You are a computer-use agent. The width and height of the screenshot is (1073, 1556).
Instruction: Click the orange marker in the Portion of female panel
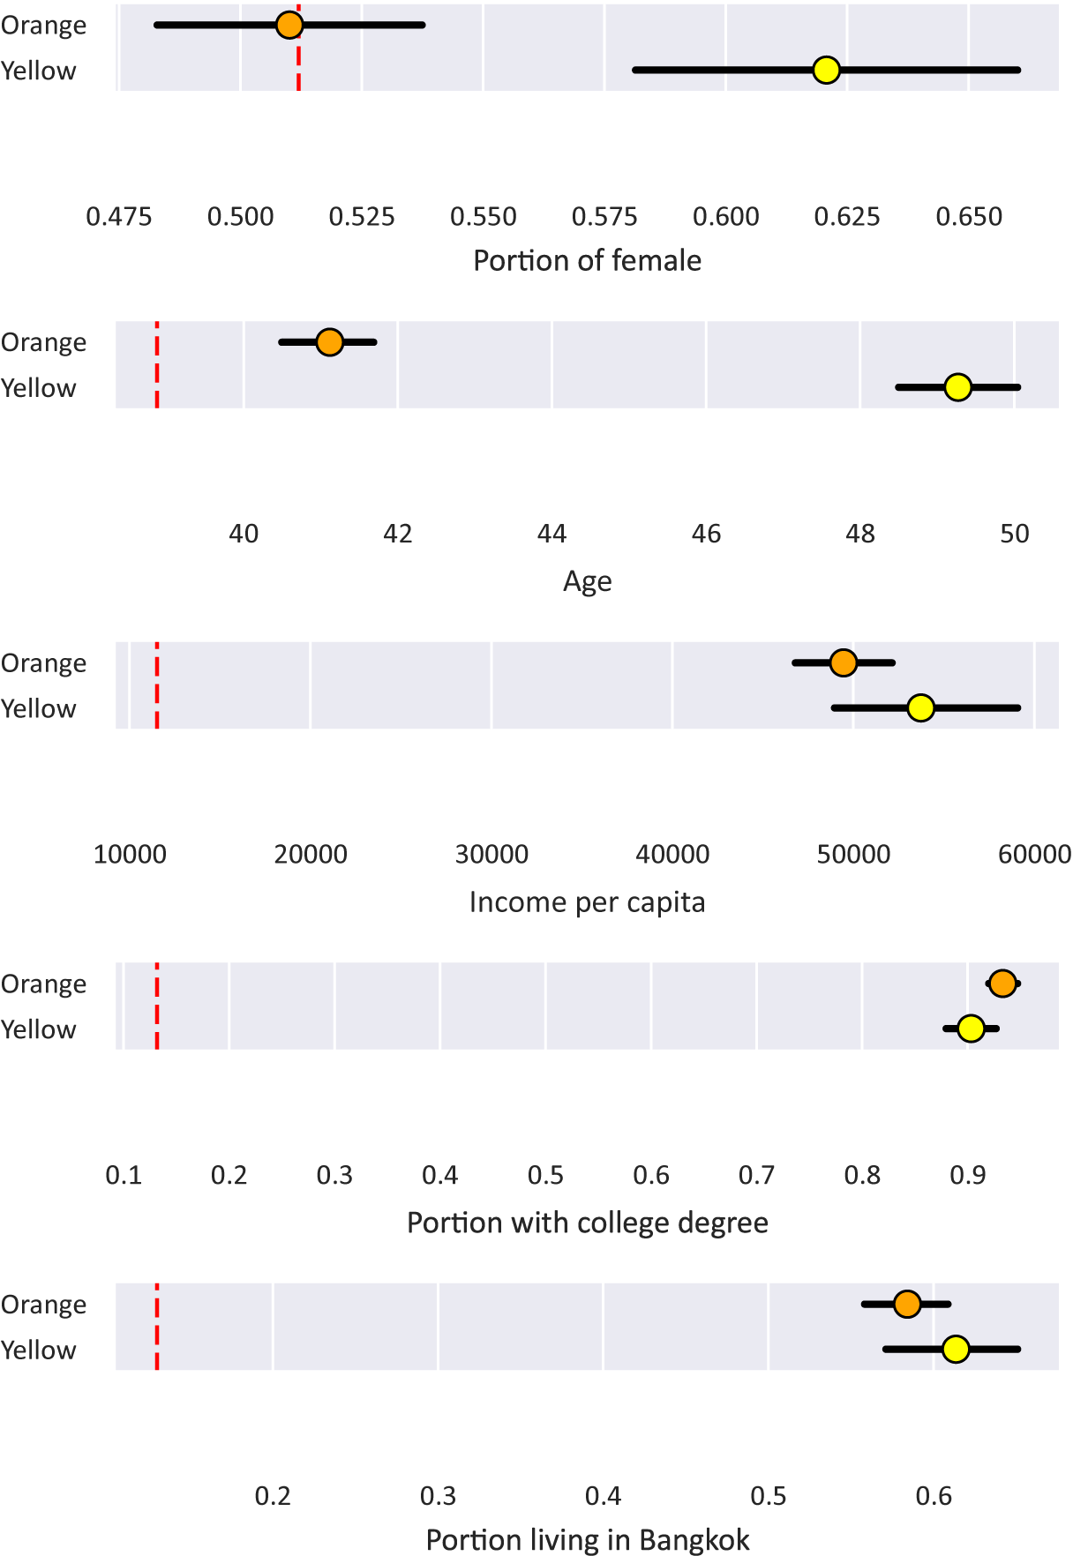click(x=289, y=25)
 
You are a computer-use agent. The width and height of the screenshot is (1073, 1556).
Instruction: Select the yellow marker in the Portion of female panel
click(x=826, y=70)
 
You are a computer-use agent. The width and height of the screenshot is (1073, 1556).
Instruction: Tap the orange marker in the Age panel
click(x=329, y=342)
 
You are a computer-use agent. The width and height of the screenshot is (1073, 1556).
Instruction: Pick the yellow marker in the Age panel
click(x=957, y=387)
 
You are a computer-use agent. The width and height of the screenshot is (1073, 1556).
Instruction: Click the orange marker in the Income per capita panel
click(x=844, y=662)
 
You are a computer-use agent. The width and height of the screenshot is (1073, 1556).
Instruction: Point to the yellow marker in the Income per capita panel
click(x=920, y=707)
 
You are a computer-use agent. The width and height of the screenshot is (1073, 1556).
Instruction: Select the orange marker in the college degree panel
click(x=1002, y=983)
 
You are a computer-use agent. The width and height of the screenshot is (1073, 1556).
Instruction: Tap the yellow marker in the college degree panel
click(x=971, y=1029)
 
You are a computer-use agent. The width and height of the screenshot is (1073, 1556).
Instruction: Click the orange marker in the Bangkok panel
click(x=907, y=1304)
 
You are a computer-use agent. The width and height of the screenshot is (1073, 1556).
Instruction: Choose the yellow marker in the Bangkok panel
click(x=956, y=1349)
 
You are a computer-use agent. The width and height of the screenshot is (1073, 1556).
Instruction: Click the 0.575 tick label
click(x=604, y=217)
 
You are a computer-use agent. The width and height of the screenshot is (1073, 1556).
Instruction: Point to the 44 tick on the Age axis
click(x=552, y=534)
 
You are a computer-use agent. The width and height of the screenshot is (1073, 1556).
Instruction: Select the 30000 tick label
click(x=491, y=854)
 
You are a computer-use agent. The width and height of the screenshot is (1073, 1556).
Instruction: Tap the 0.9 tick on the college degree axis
click(x=968, y=1175)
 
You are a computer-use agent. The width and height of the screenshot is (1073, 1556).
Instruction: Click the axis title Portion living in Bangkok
click(x=587, y=1540)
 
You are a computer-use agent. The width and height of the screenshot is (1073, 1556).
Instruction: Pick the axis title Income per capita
click(x=587, y=902)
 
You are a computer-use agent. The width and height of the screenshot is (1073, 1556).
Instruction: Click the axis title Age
click(x=587, y=581)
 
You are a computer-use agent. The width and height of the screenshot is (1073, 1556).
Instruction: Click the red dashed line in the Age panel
click(x=157, y=364)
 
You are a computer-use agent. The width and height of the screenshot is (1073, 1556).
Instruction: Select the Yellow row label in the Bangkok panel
click(x=39, y=1350)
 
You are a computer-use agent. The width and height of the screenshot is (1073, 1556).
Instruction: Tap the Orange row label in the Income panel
click(x=43, y=663)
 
